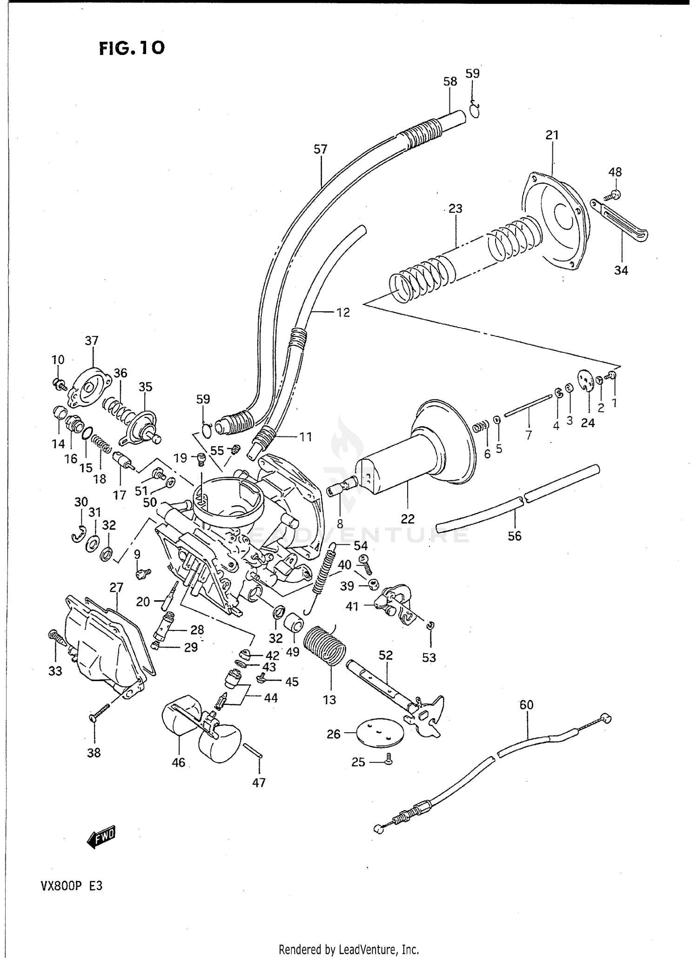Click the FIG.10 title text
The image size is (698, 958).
132,48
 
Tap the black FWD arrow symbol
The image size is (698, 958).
101,837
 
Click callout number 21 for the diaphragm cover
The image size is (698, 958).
552,135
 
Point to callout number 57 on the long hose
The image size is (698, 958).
321,149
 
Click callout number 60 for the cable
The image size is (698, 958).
526,705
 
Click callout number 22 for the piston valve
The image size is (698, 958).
407,518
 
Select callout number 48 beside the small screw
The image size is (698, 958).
615,172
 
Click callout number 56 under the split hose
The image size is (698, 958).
514,536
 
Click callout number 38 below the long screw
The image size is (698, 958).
94,752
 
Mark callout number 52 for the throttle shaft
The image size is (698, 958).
386,655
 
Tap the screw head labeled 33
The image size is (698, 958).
53,635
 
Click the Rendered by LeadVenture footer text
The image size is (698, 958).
349,949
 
